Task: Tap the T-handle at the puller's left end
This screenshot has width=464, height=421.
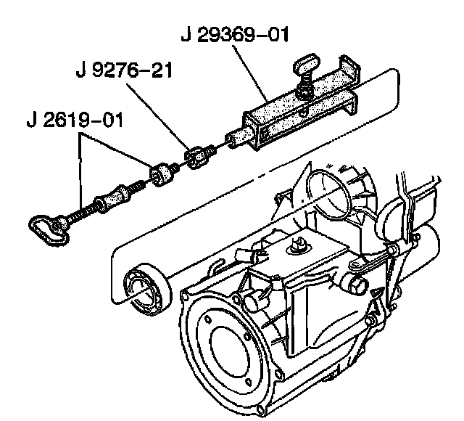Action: point(46,227)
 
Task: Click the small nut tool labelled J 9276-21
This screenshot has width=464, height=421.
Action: point(198,157)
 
